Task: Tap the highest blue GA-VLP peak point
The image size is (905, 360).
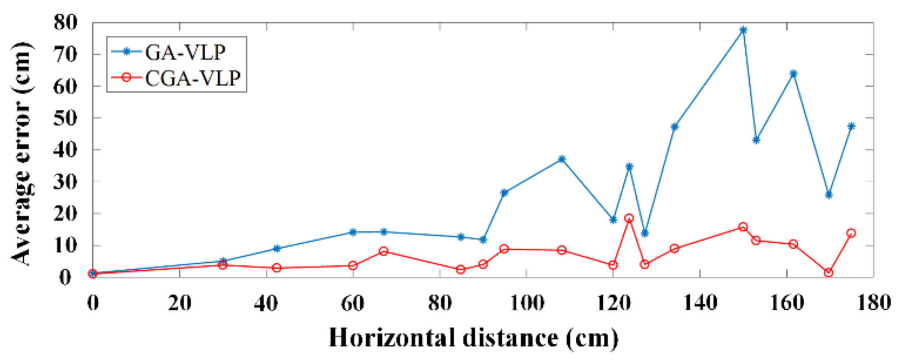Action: tap(743, 30)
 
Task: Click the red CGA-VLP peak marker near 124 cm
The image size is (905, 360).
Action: tap(629, 218)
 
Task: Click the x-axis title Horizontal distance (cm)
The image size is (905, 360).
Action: tap(474, 338)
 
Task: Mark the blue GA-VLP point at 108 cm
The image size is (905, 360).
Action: tap(561, 159)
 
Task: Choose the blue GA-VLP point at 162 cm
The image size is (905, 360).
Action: tap(793, 74)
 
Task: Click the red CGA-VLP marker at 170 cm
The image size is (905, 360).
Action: tap(828, 273)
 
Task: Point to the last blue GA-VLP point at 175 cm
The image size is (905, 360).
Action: tap(851, 126)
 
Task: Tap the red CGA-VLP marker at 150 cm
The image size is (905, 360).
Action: tap(743, 227)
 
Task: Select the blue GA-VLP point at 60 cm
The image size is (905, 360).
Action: tap(353, 232)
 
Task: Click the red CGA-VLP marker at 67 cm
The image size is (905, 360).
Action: tap(384, 251)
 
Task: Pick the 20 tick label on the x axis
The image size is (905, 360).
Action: tap(180, 303)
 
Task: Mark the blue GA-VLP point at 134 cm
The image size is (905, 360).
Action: tap(675, 127)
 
